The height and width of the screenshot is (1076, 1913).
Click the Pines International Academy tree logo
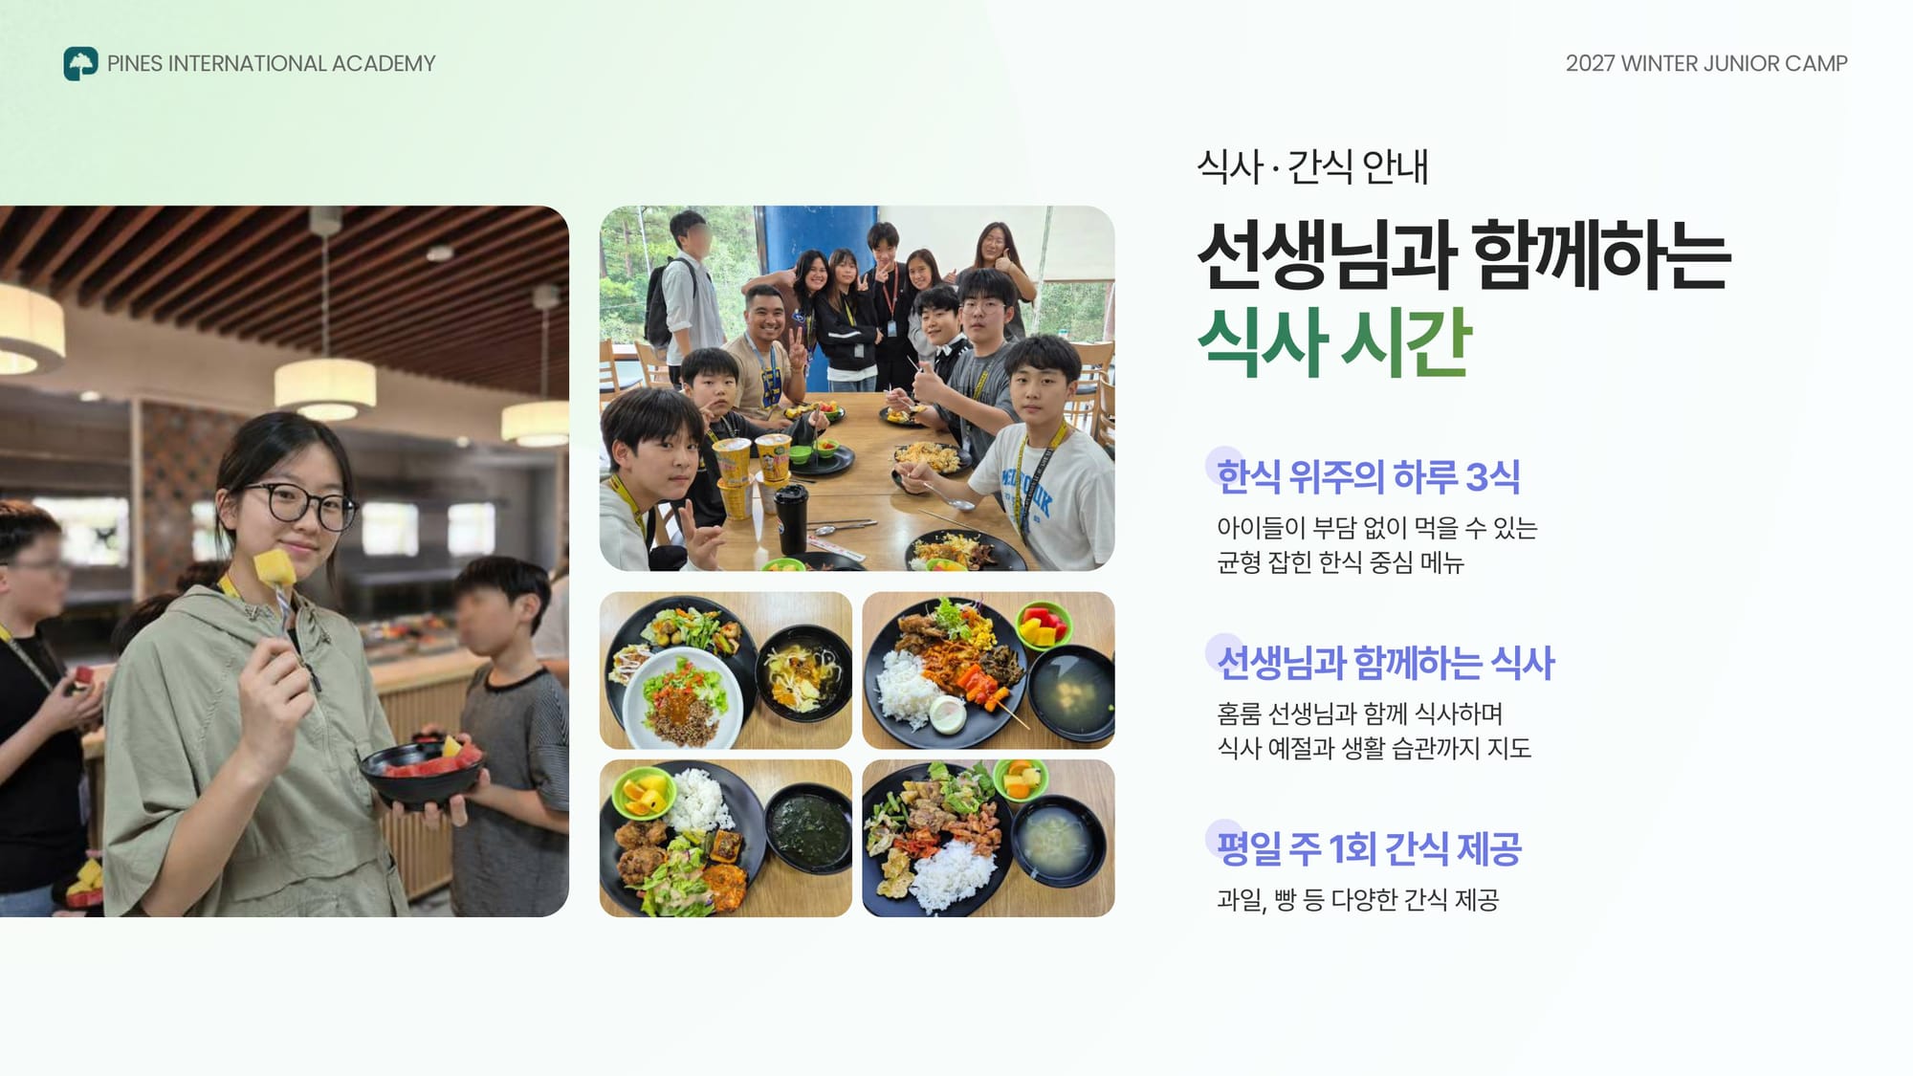point(80,63)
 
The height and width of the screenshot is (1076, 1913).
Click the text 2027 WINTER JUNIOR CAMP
point(1706,63)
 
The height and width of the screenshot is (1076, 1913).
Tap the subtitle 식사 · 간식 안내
point(1312,166)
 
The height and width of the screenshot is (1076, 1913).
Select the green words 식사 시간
point(1334,341)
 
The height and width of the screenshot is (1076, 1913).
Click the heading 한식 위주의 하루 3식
point(1368,476)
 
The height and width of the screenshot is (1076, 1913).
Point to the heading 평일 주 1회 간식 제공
point(1369,848)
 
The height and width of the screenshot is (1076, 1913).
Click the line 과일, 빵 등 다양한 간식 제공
point(1357,899)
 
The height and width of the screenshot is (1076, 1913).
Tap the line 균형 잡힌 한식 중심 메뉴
point(1340,562)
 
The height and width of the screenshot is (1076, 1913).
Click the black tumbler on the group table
point(792,519)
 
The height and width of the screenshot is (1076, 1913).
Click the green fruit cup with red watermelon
point(1044,626)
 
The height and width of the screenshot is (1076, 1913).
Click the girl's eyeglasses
point(297,503)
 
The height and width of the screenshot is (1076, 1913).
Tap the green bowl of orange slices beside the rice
point(642,794)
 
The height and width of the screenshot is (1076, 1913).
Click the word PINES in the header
point(135,63)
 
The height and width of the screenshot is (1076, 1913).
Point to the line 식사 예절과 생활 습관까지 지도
point(1374,748)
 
